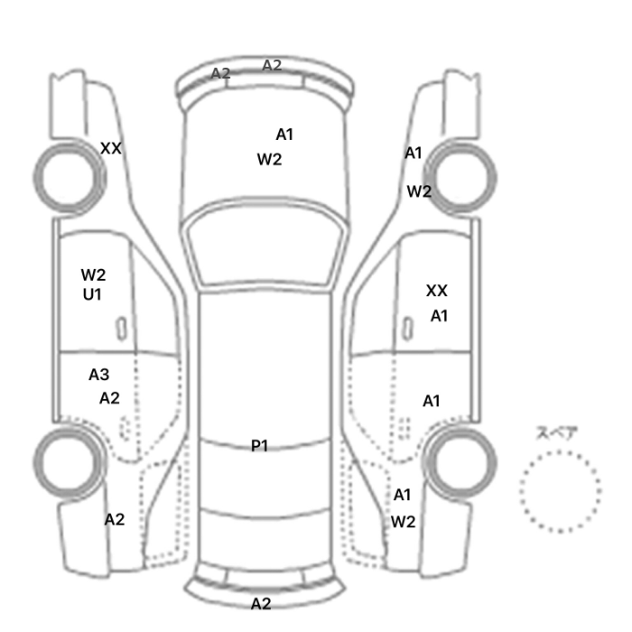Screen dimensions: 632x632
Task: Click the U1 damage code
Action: click(x=92, y=294)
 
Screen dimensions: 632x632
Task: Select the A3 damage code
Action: click(x=98, y=375)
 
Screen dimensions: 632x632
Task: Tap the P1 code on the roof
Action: click(x=259, y=445)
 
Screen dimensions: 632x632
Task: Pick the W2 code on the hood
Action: click(x=269, y=160)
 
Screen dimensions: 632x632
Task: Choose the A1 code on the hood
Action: click(x=284, y=135)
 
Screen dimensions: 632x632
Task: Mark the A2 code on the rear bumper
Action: click(x=261, y=603)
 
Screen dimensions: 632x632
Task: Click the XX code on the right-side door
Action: click(x=436, y=291)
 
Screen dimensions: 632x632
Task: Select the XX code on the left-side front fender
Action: click(x=110, y=148)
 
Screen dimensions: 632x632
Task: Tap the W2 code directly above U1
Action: click(x=93, y=274)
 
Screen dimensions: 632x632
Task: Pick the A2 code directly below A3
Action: click(x=109, y=398)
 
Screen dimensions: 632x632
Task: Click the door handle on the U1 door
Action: click(x=121, y=329)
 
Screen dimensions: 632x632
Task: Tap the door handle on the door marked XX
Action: click(x=408, y=329)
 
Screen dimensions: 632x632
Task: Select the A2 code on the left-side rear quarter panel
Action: click(x=115, y=519)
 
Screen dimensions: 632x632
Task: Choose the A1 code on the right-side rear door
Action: click(x=432, y=401)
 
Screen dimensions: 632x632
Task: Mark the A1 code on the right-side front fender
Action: click(x=414, y=153)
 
